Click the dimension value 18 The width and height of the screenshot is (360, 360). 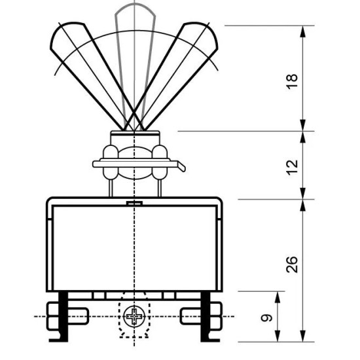292,82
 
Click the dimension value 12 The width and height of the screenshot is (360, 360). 293,168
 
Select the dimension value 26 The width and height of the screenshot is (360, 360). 292,264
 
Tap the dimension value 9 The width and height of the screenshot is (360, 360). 266,317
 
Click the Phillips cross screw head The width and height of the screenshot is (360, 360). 134,317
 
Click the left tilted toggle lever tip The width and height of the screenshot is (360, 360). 67,35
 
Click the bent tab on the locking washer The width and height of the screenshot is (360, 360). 181,166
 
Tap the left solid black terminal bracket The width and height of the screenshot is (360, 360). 63,316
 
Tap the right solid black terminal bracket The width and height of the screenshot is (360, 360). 206,316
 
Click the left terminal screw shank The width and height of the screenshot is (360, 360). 79,316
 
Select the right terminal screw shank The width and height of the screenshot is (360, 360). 190,316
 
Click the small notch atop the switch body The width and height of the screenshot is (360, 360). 134,203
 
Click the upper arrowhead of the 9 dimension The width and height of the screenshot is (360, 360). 278,297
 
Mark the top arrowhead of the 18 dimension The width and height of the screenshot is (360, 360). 303,31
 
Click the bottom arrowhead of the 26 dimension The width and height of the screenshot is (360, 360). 303,336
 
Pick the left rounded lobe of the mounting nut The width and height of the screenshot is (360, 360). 111,162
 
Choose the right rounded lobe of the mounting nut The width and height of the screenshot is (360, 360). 160,162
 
